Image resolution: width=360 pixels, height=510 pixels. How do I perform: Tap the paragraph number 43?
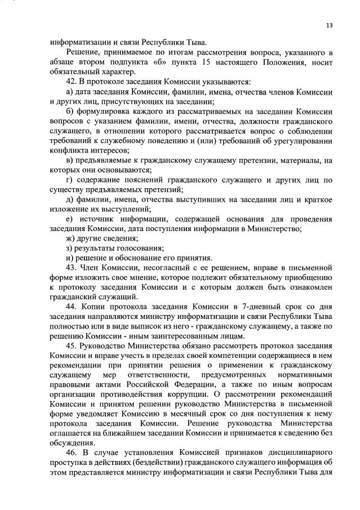72,267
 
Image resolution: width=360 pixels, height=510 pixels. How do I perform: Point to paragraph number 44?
72,307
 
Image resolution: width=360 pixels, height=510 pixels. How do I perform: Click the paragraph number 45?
72,346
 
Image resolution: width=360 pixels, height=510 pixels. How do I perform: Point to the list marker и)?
70,258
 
